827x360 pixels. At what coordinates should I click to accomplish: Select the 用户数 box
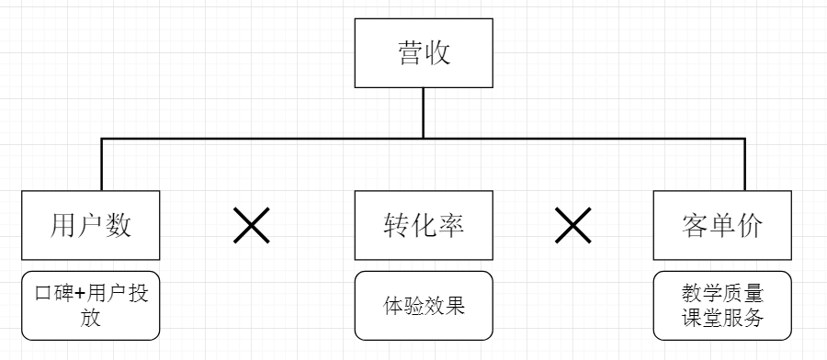pyautogui.click(x=90, y=225)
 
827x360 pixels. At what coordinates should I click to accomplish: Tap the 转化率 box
pyautogui.click(x=423, y=225)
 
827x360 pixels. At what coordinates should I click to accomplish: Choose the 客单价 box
pyautogui.click(x=722, y=225)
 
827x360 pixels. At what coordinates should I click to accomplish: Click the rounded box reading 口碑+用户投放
pyautogui.click(x=90, y=306)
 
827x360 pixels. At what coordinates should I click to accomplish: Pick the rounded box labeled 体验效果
pyautogui.click(x=423, y=306)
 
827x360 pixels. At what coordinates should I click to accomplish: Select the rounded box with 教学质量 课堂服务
pyautogui.click(x=722, y=306)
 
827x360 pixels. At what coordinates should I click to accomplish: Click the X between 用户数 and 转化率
pyautogui.click(x=251, y=225)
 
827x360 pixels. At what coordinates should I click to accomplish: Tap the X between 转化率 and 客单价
pyautogui.click(x=573, y=225)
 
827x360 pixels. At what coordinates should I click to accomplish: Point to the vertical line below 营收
pyautogui.click(x=423, y=112)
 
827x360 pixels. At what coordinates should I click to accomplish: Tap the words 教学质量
pyautogui.click(x=722, y=295)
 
